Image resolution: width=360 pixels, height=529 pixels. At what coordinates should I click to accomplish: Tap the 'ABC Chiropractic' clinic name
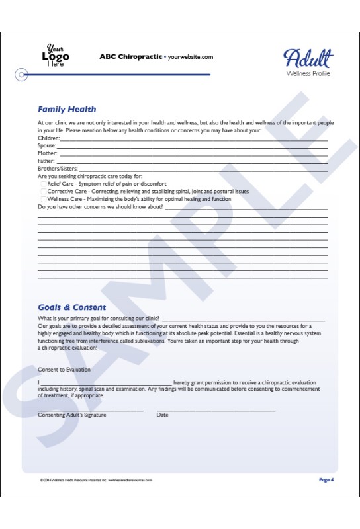(130, 57)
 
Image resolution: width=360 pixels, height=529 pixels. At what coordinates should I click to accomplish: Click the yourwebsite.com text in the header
(191, 57)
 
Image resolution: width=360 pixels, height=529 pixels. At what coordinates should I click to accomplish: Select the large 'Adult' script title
(308, 58)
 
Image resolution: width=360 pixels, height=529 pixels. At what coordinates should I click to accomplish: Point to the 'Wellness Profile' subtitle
(308, 73)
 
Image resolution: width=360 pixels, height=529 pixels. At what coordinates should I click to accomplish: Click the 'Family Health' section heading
(67, 110)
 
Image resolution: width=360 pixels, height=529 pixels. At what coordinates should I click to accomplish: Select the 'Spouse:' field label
(47, 146)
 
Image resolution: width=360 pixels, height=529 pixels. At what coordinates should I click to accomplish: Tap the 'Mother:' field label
(48, 153)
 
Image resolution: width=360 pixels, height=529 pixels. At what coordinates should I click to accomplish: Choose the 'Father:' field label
(46, 161)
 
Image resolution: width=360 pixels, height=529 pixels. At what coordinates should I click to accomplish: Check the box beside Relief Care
(44, 184)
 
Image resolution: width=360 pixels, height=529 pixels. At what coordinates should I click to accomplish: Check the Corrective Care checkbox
(44, 191)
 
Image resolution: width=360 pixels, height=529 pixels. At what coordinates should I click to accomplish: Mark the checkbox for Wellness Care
(44, 199)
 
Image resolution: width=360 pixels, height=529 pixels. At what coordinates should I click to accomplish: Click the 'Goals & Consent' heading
(71, 307)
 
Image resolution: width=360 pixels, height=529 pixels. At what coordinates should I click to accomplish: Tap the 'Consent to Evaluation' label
(64, 370)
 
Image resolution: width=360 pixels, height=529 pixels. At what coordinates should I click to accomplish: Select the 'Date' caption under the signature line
(162, 415)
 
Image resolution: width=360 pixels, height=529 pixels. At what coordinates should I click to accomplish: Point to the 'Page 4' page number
(326, 479)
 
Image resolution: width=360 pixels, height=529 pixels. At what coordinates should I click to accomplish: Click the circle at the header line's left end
(22, 75)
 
